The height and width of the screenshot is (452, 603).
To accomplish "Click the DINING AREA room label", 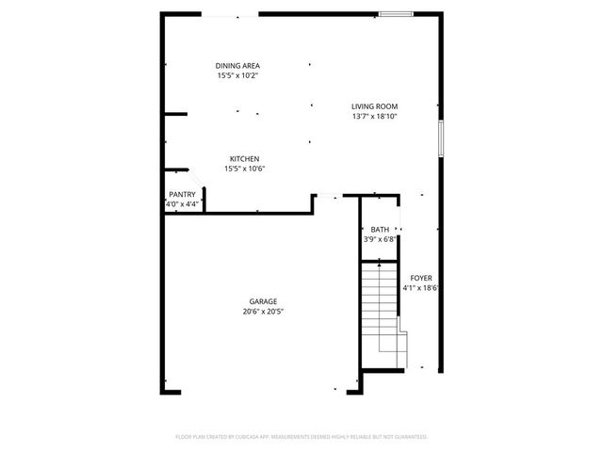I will [x=237, y=65].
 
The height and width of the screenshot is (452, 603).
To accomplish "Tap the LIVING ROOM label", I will [x=375, y=106].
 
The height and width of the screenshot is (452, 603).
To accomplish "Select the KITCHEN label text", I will [x=244, y=159].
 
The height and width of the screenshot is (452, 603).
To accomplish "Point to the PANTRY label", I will [x=182, y=194].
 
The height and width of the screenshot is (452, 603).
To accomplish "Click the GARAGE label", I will [x=263, y=301].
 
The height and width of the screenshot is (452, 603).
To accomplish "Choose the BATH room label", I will [x=380, y=230].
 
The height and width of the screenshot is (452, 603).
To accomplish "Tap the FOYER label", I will [x=421, y=278].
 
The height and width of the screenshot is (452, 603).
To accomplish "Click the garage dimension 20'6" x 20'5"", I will [x=263, y=312].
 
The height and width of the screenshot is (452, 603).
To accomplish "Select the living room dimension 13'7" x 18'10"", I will [x=375, y=117].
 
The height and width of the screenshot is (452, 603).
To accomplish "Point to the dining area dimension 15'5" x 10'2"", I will [x=237, y=75].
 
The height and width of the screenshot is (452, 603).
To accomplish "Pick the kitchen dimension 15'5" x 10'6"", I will [x=244, y=169].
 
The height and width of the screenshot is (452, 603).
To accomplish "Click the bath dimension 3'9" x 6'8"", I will [x=380, y=239].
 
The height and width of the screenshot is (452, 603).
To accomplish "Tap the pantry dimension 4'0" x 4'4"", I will [x=183, y=203].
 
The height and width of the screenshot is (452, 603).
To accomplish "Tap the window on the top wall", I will [x=396, y=14].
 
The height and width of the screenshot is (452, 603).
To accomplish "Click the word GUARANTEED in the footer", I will [x=408, y=437].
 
